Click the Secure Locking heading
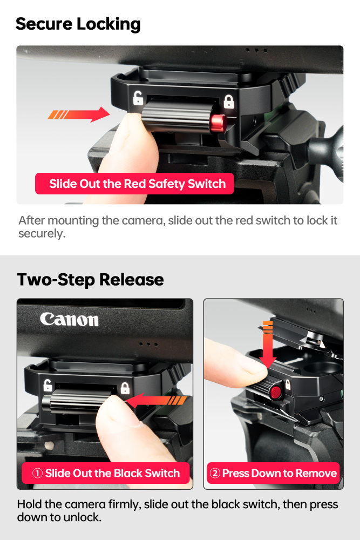tap(78, 24)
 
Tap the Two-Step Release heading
tap(90, 280)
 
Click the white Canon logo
tap(69, 319)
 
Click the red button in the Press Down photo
tap(276, 392)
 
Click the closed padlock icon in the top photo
tap(229, 101)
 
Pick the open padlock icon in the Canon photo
tap(47, 386)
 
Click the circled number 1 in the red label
tap(37, 474)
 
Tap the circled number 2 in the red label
tap(215, 474)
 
